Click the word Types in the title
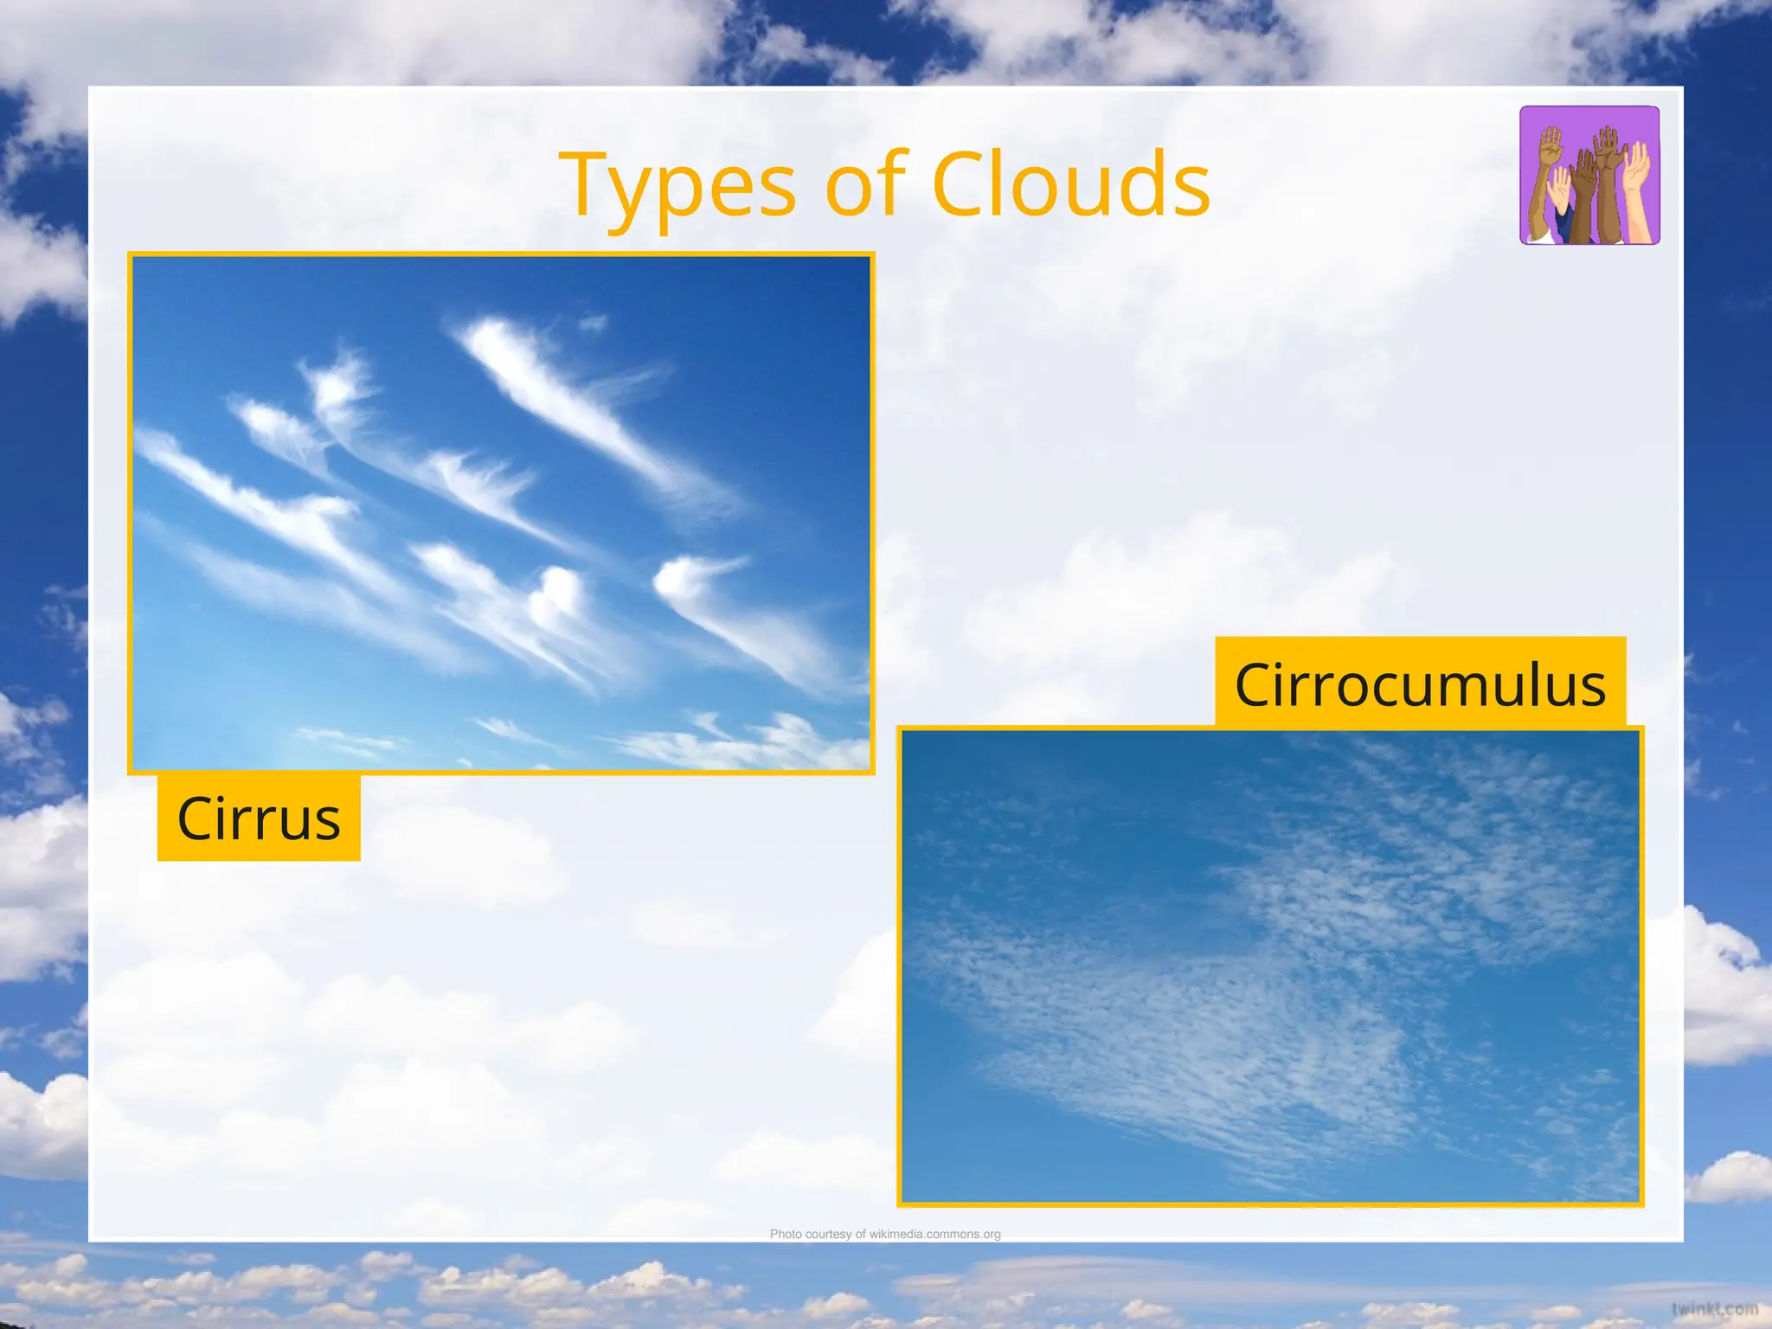click(677, 186)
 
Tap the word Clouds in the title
click(1070, 184)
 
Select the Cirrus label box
click(259, 818)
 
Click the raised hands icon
click(1589, 176)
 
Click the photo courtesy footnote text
click(885, 1234)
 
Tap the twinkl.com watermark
click(1714, 1309)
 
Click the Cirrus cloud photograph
click(501, 513)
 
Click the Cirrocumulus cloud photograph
click(1270, 966)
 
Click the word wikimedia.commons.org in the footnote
click(934, 1234)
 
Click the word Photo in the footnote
click(786, 1234)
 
